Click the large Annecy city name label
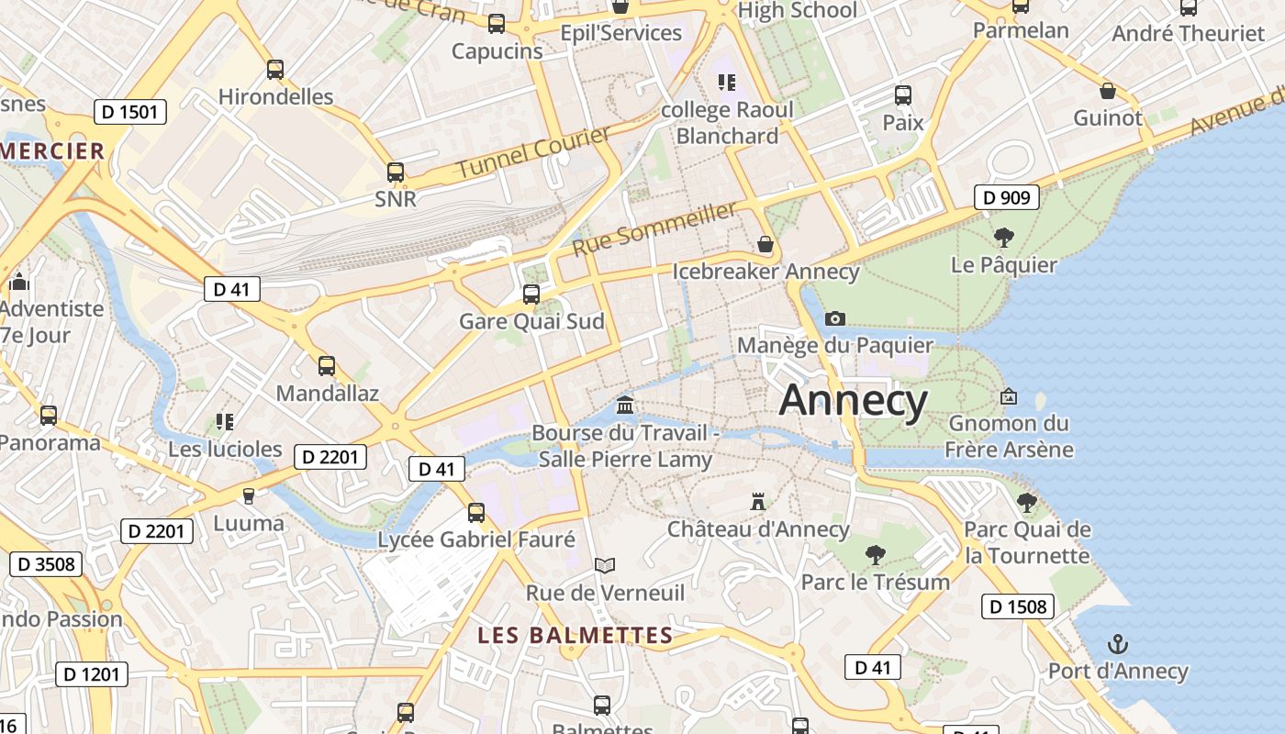tap(854, 401)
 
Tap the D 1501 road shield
tap(130, 113)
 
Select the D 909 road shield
tap(1006, 197)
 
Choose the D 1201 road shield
tap(92, 674)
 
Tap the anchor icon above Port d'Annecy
tap(1117, 644)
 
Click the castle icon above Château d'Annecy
tap(758, 502)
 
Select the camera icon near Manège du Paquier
tap(834, 318)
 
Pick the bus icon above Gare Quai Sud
tap(531, 295)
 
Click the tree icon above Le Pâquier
tap(1004, 238)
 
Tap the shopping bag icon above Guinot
tap(1108, 91)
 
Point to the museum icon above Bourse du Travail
tap(625, 405)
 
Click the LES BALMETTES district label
tap(575, 635)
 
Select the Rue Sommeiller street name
tap(654, 229)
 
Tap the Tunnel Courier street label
tap(533, 152)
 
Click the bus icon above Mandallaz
tap(327, 366)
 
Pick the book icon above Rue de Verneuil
tap(604, 565)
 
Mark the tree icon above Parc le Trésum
tap(875, 554)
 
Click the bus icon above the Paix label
tap(903, 95)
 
